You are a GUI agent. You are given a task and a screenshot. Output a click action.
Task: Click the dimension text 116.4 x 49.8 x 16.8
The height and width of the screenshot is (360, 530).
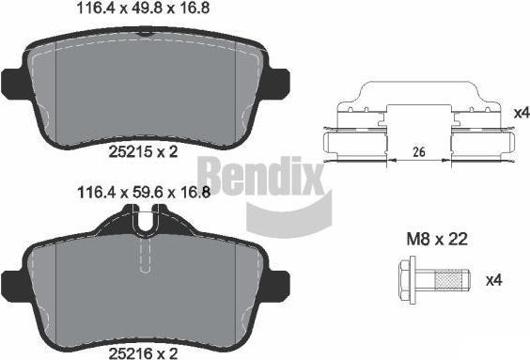(144, 8)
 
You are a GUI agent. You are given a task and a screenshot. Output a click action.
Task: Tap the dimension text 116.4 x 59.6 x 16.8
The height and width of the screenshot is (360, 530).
(144, 193)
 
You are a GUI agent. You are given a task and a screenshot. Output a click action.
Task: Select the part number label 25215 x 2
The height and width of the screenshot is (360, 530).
(143, 151)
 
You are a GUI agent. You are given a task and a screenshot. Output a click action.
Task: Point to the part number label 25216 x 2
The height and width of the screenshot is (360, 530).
(143, 353)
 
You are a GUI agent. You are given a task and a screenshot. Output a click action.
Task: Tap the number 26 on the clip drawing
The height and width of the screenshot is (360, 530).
(419, 152)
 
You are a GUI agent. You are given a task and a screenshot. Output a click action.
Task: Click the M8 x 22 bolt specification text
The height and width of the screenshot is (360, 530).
(437, 240)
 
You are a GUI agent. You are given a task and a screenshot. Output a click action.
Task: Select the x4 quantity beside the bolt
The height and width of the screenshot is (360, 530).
(494, 280)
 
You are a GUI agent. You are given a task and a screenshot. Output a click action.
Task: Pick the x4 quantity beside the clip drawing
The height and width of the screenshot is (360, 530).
(522, 113)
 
